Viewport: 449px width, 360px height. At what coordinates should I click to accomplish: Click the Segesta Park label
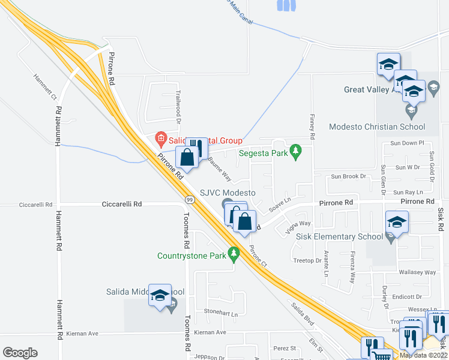pyautogui.click(x=264, y=153)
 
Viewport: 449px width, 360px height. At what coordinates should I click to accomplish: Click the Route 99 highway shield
pyautogui.click(x=190, y=199)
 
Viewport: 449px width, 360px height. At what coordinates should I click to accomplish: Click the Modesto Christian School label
pyautogui.click(x=377, y=127)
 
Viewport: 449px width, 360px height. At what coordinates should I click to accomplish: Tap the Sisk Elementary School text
pyautogui.click(x=339, y=236)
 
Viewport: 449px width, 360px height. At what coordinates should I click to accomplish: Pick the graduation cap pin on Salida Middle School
pyautogui.click(x=160, y=295)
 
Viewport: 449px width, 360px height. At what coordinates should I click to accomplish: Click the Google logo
pyautogui.click(x=20, y=353)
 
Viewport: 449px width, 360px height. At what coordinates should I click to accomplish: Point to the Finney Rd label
pyautogui.click(x=312, y=127)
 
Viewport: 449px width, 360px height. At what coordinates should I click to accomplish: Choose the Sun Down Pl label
pyautogui.click(x=407, y=143)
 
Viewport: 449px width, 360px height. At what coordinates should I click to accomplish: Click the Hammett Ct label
pyautogui.click(x=45, y=87)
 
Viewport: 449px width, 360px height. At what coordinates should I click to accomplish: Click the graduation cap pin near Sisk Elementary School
pyautogui.click(x=397, y=223)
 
